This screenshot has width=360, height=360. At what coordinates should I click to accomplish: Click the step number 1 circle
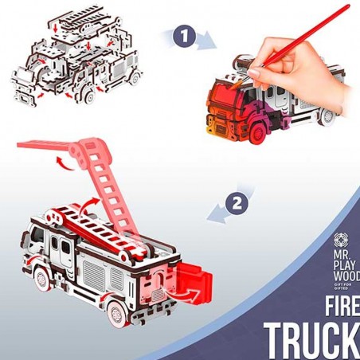(185, 36)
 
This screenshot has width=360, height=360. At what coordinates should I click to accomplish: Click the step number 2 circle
(237, 204)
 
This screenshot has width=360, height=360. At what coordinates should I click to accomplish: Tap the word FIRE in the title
(342, 306)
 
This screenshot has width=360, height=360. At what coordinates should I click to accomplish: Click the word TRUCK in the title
(312, 340)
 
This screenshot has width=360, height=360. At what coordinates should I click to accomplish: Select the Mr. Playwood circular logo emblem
(342, 241)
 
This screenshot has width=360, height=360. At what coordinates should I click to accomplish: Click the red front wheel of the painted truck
(257, 134)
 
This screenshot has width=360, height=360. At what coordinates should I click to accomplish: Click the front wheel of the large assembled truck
(42, 280)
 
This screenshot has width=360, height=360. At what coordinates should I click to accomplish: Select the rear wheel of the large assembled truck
(116, 314)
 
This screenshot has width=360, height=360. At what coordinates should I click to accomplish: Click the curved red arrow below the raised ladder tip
(64, 162)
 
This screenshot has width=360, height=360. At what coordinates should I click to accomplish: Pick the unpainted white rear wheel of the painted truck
(327, 117)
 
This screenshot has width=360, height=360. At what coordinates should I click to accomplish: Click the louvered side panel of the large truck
(93, 276)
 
